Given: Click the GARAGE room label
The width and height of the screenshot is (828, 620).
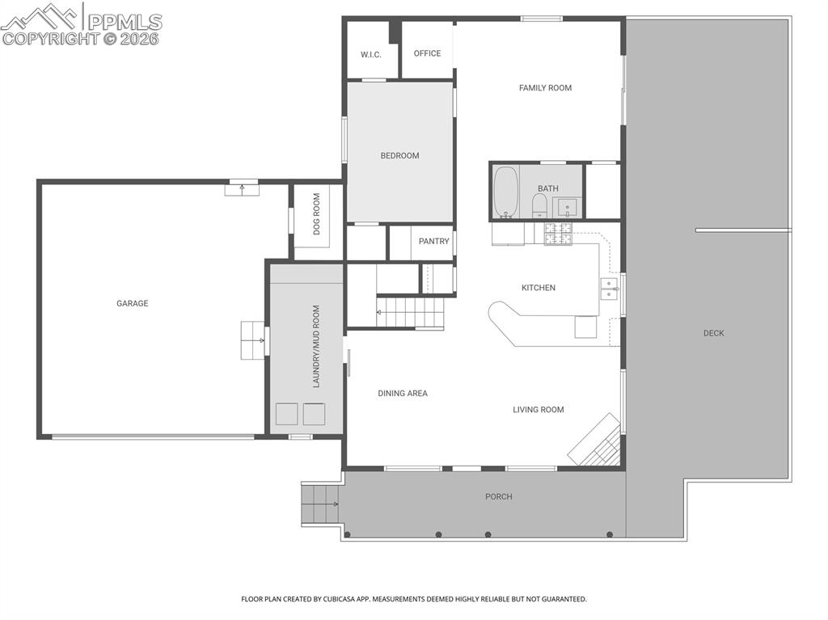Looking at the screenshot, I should pyautogui.click(x=132, y=304).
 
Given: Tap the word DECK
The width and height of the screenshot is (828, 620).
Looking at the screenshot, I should pyautogui.click(x=713, y=333).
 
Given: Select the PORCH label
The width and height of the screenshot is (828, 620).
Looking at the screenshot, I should pyautogui.click(x=498, y=496).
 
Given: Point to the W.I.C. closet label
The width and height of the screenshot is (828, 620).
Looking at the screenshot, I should pyautogui.click(x=370, y=55).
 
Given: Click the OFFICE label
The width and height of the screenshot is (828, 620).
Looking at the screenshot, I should pyautogui.click(x=427, y=53).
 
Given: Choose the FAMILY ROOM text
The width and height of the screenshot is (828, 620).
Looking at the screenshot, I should pyautogui.click(x=545, y=88).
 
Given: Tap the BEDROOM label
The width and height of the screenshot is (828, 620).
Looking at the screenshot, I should pyautogui.click(x=399, y=156).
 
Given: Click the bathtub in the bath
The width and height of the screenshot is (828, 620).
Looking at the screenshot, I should pyautogui.click(x=506, y=192).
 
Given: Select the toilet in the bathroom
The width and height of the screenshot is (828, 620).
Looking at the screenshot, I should pyautogui.click(x=539, y=205).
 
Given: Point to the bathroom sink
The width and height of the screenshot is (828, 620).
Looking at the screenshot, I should pyautogui.click(x=568, y=207).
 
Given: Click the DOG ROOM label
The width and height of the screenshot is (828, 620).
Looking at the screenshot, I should pyautogui.click(x=317, y=213).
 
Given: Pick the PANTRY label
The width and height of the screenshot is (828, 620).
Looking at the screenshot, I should pyautogui.click(x=433, y=242).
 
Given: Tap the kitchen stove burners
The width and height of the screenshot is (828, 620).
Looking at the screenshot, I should pyautogui.click(x=556, y=234).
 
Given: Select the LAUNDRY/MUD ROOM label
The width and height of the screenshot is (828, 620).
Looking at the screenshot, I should pyautogui.click(x=317, y=346).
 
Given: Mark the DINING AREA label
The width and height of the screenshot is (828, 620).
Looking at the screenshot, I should pyautogui.click(x=403, y=394).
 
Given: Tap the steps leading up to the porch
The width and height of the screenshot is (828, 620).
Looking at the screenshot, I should pyautogui.click(x=318, y=504).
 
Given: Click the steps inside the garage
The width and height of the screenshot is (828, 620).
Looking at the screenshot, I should pyautogui.click(x=252, y=340).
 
